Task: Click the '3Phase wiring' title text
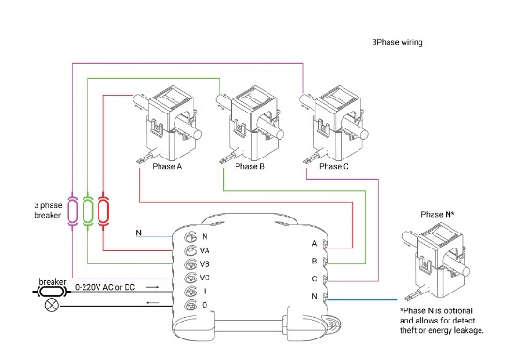(x=397, y=42)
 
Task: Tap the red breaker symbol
(x=103, y=211)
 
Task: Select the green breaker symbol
(x=87, y=211)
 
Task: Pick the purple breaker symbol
(x=72, y=211)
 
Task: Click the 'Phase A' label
(x=167, y=166)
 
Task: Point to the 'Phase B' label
(x=250, y=166)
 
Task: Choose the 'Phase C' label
(x=334, y=166)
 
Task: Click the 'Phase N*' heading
(x=437, y=214)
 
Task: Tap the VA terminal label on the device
(x=205, y=250)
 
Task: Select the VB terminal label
(x=205, y=264)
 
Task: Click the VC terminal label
(x=205, y=277)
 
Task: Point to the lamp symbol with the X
(x=52, y=305)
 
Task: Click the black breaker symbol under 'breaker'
(x=52, y=292)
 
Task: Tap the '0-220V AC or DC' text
(x=105, y=287)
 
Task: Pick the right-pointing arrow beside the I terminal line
(x=152, y=287)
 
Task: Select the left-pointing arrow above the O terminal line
(x=152, y=302)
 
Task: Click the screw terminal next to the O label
(x=190, y=306)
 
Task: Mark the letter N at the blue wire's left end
(x=139, y=232)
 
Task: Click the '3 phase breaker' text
(x=48, y=210)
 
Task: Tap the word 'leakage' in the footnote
(x=469, y=330)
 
